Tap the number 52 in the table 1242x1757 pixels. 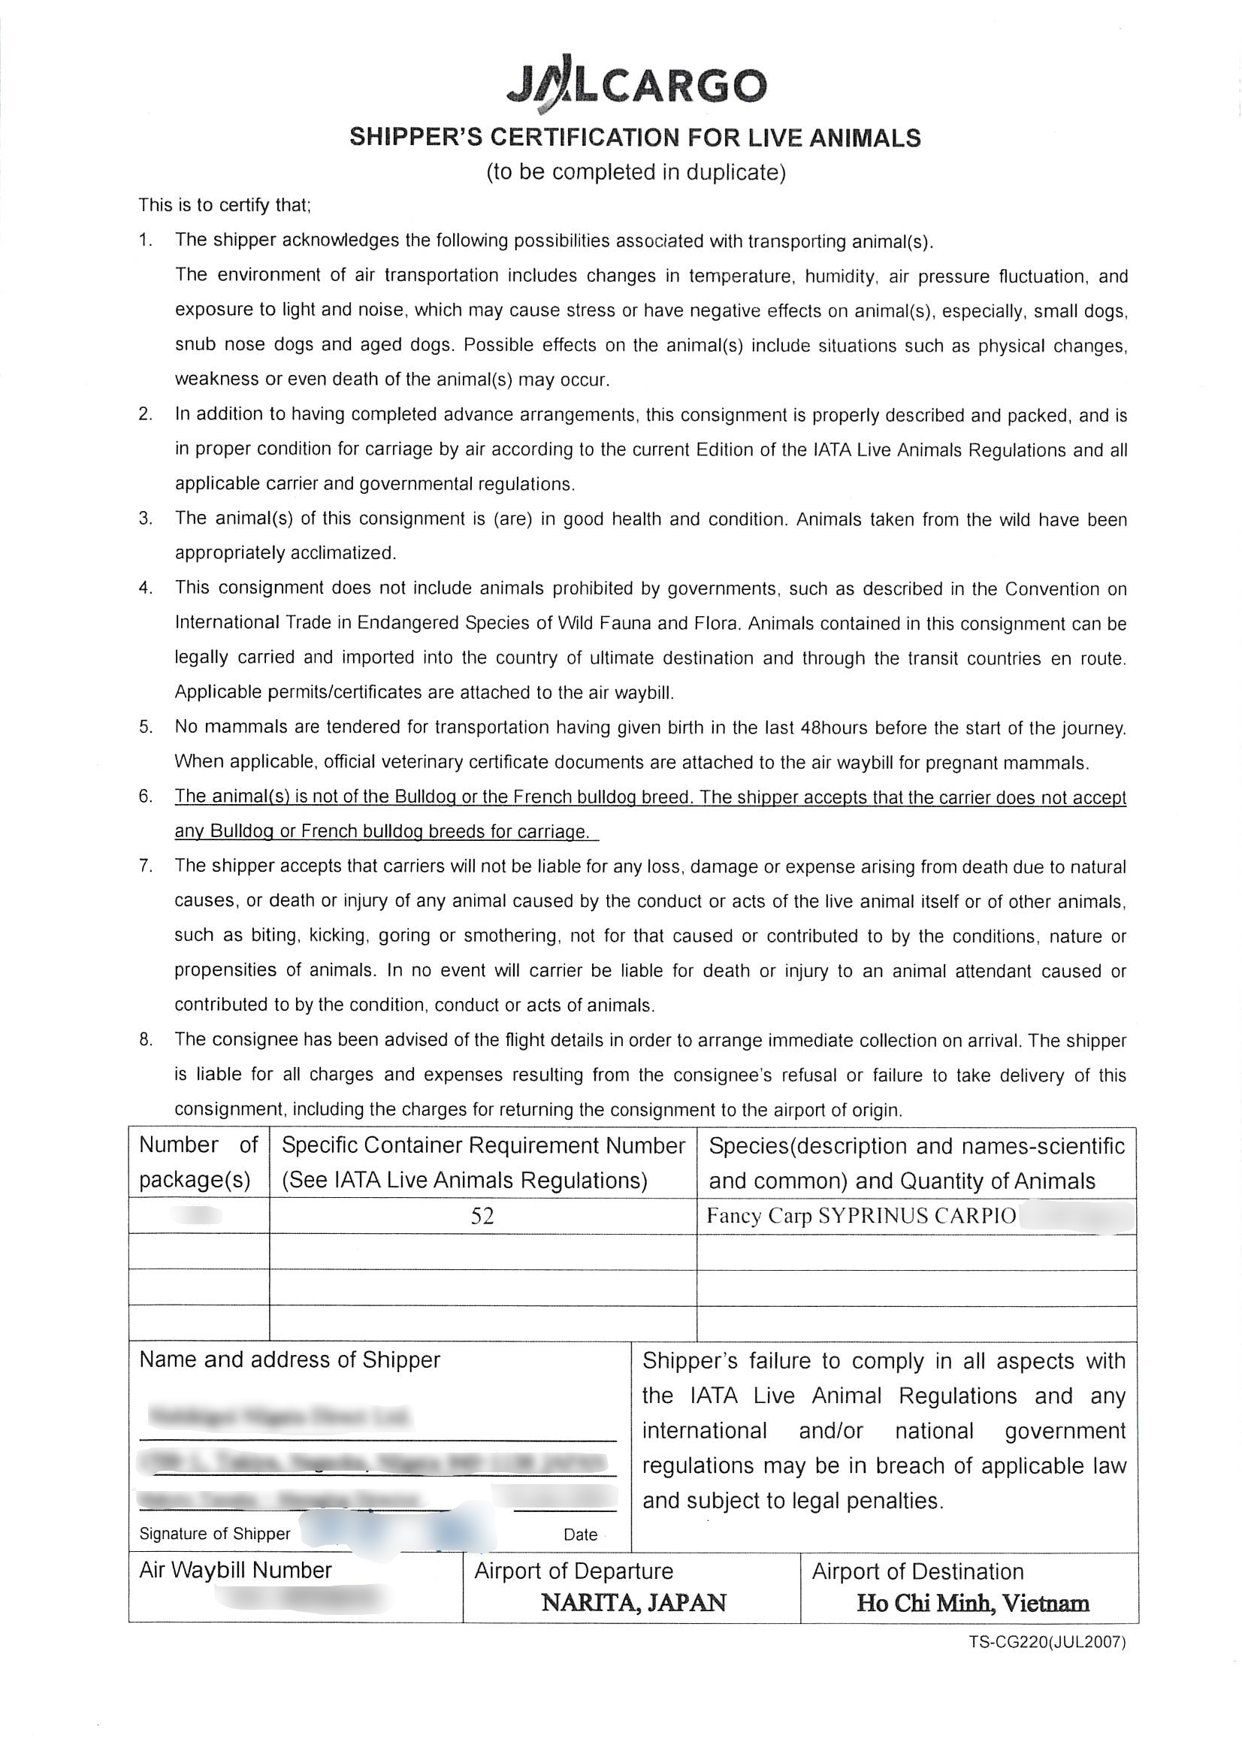pos(482,1216)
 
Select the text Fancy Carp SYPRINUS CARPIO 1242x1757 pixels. pos(861,1216)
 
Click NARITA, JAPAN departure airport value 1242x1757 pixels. pos(633,1602)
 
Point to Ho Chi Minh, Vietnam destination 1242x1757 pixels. pos(972,1603)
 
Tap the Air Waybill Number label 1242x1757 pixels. pos(236,1571)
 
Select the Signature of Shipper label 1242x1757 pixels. pos(215,1534)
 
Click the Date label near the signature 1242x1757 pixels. pos(581,1535)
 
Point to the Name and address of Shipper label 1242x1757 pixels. pos(290,1360)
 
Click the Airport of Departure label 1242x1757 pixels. pos(574,1571)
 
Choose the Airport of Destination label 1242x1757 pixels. pos(917,1572)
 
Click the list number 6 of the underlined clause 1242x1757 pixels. pos(146,797)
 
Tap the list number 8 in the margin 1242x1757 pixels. pos(146,1039)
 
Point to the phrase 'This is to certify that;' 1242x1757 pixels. pos(224,205)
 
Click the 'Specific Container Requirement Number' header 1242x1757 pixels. pos(483,1145)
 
